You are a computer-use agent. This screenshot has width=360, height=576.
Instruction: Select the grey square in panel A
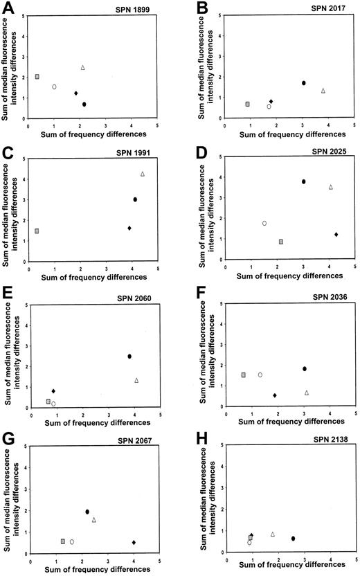click(x=37, y=77)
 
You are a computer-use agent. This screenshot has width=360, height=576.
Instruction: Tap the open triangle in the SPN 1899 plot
click(x=82, y=67)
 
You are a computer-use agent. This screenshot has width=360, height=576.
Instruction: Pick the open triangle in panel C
click(x=142, y=174)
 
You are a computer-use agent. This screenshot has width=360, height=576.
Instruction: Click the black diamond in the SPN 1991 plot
click(x=129, y=228)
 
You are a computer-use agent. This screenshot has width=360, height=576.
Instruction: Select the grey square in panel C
click(x=37, y=231)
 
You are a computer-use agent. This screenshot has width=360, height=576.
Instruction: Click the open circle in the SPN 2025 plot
click(x=264, y=223)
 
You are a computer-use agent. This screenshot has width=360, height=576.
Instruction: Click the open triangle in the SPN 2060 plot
click(x=136, y=380)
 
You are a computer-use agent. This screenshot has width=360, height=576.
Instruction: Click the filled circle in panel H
click(x=293, y=538)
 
